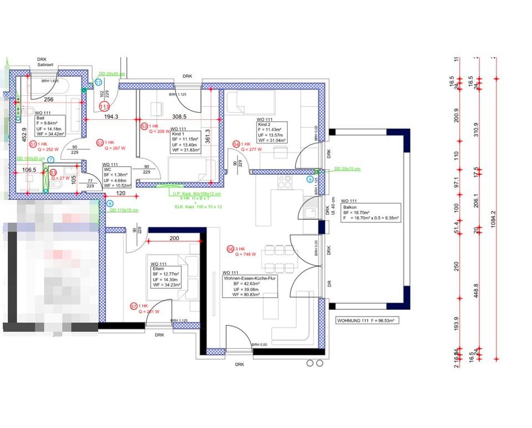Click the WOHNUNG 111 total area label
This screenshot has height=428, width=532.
point(368,320)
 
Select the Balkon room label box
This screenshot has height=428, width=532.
point(370,210)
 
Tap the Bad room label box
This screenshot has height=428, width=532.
point(50,126)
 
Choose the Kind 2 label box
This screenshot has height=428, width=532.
point(271,132)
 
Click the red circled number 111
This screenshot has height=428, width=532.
point(104,106)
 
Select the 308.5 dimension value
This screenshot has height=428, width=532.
point(179,116)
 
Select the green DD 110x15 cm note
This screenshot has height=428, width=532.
point(124,210)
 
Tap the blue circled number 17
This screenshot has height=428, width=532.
point(98,82)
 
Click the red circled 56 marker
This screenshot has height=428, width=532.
point(231,250)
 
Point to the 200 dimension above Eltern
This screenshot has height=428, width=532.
point(175,238)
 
